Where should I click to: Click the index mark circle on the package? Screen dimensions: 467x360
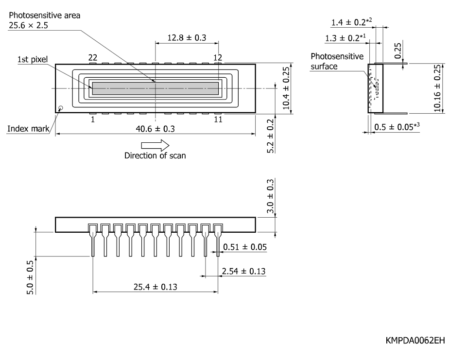[61, 108]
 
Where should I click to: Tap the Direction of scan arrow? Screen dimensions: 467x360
[155, 145]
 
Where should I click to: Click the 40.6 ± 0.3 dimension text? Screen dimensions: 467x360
[155, 129]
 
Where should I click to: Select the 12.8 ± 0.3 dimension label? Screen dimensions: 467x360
[187, 38]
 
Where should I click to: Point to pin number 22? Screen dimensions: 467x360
[93, 57]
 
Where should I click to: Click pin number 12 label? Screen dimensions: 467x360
[218, 57]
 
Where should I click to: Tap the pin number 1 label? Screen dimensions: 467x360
[93, 120]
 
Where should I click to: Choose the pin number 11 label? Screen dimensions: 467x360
[218, 120]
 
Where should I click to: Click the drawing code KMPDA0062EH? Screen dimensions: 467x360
[415, 341]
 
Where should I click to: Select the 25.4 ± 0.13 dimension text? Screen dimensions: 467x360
[155, 287]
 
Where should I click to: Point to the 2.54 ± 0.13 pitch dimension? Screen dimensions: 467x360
[243, 271]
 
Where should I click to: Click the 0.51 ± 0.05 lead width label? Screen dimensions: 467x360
[245, 247]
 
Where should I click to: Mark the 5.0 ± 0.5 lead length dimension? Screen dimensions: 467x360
[30, 277]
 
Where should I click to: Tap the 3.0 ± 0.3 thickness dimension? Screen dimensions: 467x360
[270, 196]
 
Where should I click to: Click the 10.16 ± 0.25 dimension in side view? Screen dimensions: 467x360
[437, 88]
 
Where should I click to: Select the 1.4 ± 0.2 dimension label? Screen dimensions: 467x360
[351, 22]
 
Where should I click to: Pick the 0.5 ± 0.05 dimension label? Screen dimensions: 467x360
[397, 127]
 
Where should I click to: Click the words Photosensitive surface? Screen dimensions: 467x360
[337, 61]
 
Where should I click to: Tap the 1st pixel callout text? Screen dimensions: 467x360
[33, 59]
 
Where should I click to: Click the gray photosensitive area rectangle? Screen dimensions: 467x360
[155, 88]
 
